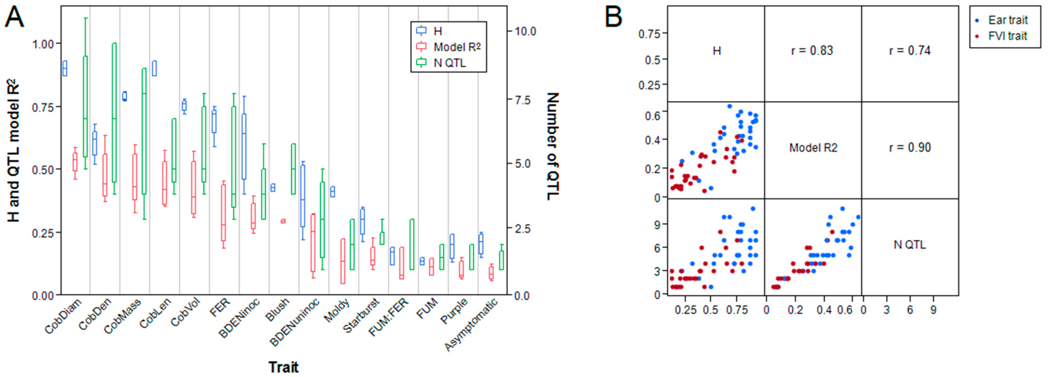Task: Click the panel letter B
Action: pos(613,18)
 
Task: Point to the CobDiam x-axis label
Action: pos(63,316)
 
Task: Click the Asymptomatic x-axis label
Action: pos(471,324)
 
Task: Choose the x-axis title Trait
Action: pos(284,367)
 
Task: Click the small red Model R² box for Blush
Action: pos(283,221)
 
